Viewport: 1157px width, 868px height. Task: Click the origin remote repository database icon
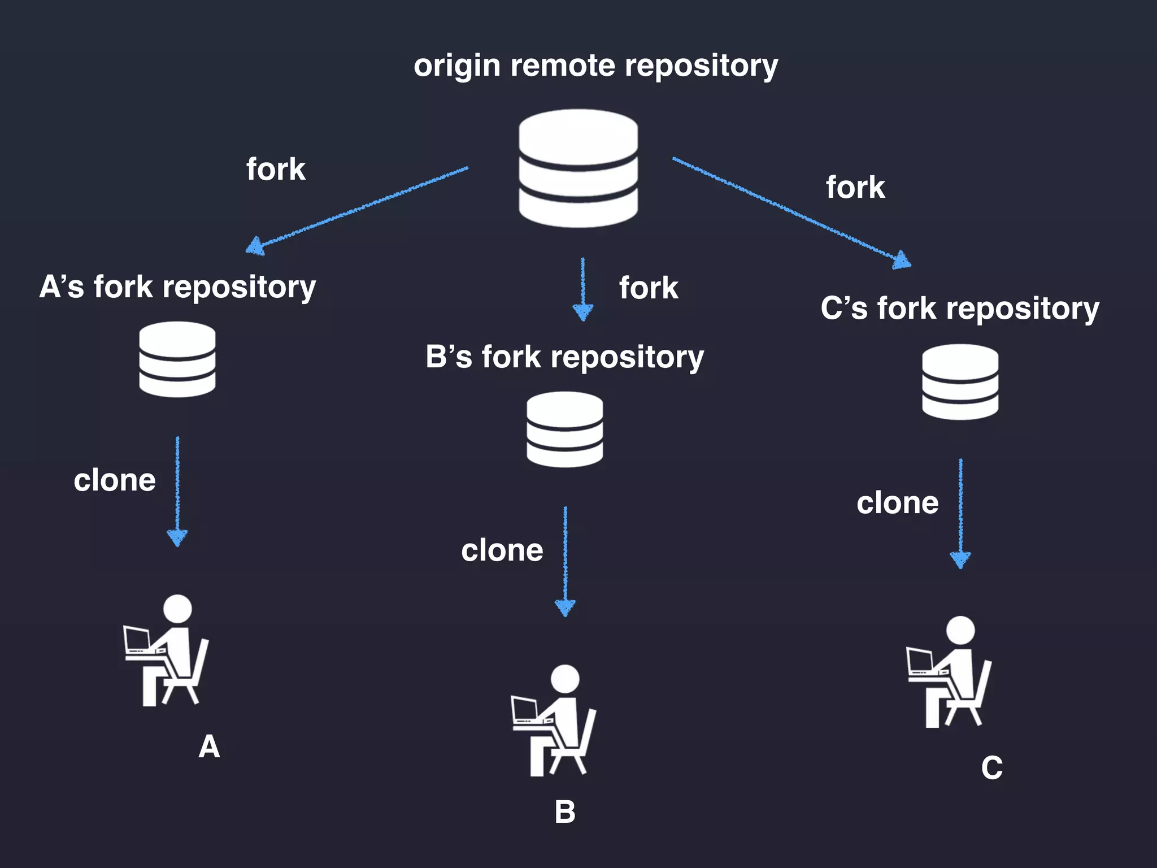(578, 168)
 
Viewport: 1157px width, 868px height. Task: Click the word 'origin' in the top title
(456, 67)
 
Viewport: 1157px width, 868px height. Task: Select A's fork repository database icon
(177, 359)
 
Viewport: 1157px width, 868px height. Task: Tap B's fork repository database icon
(564, 429)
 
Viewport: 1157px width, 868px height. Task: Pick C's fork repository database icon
(960, 382)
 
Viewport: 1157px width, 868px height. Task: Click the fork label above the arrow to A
(276, 169)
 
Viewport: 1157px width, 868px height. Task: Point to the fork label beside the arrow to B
(649, 288)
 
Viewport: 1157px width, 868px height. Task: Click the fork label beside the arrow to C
(855, 187)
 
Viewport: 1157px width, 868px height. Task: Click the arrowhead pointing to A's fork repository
(256, 246)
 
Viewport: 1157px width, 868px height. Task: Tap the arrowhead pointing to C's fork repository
(902, 261)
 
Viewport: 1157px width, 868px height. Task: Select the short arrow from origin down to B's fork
(582, 288)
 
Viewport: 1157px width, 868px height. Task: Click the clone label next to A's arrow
(115, 480)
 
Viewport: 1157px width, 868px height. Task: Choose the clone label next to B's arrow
(502, 550)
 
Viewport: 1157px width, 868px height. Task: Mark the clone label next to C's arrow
(898, 503)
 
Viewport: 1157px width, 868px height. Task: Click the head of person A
(177, 609)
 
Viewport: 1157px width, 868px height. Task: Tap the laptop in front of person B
(524, 710)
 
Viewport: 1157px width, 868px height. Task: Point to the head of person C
(960, 630)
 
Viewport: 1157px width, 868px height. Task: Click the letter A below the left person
(209, 747)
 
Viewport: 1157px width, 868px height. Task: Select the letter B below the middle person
(565, 812)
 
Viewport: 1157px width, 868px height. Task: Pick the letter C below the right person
(992, 768)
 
